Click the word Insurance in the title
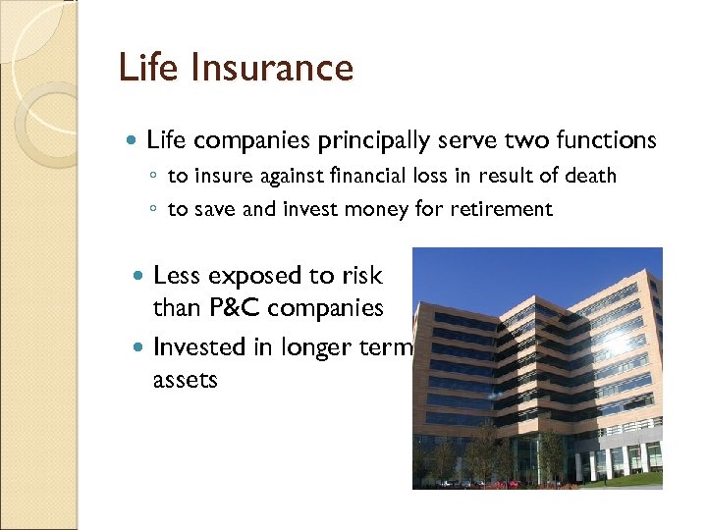tap(276, 68)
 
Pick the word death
tap(589, 177)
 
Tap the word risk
tap(359, 276)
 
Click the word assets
tap(185, 380)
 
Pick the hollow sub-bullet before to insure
tap(155, 178)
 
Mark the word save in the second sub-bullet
tap(213, 209)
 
